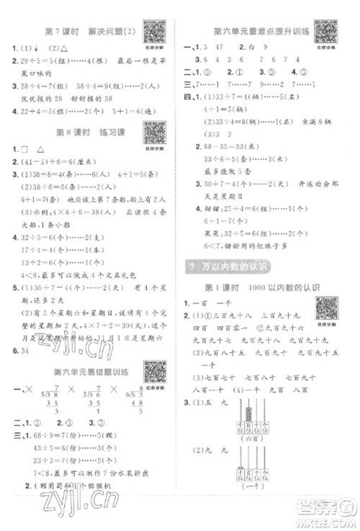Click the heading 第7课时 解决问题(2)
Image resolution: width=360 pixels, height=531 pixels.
94,30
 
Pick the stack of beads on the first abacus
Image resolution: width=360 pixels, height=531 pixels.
247,411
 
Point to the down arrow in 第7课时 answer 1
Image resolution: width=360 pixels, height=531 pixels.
35,49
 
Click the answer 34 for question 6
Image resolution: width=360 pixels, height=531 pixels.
27,350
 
